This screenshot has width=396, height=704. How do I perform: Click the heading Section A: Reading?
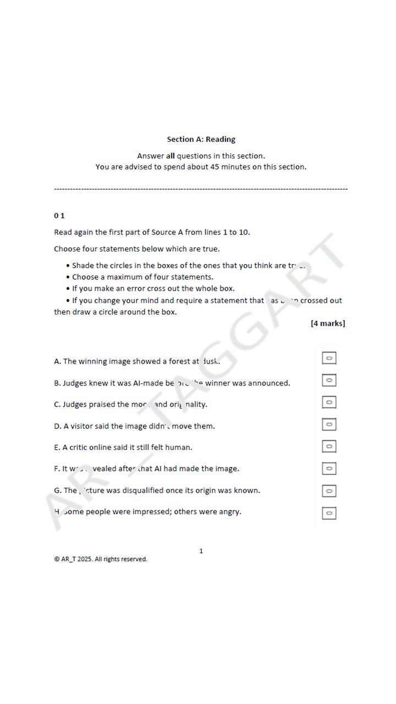coord(201,139)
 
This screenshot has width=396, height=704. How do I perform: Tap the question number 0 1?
coord(59,215)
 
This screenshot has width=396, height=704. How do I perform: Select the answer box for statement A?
coord(329,358)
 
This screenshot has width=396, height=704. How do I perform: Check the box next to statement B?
coord(329,380)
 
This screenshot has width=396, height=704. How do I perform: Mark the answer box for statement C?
coord(329,402)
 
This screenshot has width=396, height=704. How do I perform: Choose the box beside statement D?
coord(329,424)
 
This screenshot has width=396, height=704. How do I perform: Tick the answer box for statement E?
coord(329,446)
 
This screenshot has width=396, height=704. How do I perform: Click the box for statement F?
coord(329,468)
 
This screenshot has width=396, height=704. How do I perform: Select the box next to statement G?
coord(329,491)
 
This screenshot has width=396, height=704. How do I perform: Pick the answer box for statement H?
coord(329,513)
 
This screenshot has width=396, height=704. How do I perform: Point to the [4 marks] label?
coord(328,323)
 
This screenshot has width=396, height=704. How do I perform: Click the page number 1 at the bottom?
coord(201,551)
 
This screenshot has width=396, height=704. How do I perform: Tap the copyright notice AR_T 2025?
coord(101,559)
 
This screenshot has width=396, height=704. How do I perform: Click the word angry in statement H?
coord(230,512)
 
